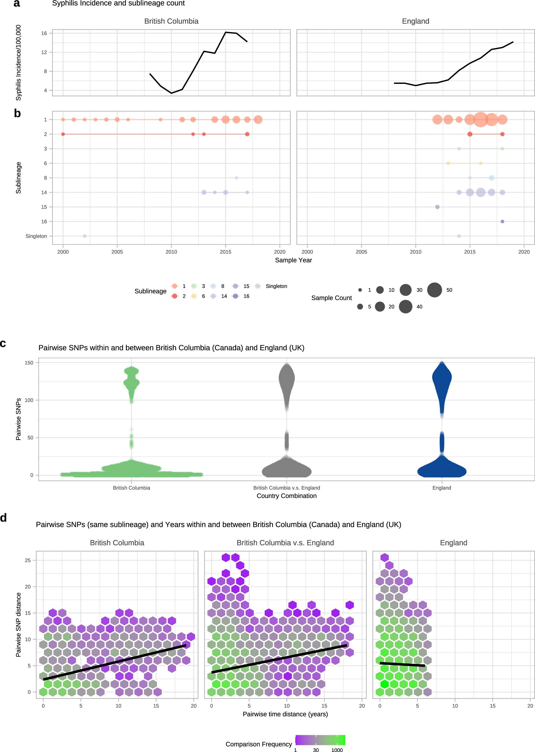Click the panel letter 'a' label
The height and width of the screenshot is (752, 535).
coord(17,3)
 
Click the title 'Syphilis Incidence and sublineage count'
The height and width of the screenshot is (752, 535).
coord(118,3)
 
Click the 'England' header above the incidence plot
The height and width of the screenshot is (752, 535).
coord(415,21)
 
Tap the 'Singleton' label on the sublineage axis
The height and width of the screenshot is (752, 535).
coord(36,236)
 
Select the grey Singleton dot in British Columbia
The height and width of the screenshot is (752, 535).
coord(85,236)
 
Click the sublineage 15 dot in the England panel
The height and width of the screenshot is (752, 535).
coord(437,207)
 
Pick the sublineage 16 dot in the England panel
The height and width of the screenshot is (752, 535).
coord(502,221)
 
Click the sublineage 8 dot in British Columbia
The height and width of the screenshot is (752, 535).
coord(236,178)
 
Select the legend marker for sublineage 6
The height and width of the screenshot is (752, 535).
coord(194,296)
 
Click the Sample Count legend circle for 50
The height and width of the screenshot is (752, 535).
coord(435,290)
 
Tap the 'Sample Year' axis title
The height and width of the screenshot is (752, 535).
coord(293,260)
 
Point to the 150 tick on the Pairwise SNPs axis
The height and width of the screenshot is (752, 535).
coord(29,362)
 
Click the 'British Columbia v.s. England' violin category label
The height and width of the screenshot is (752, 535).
coord(286,488)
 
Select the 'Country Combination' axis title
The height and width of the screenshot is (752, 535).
coord(286,496)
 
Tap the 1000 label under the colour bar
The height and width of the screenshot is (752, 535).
coord(337,750)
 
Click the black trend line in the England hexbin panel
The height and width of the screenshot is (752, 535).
coord(402,664)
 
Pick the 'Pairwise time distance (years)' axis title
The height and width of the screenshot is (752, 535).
coord(285,714)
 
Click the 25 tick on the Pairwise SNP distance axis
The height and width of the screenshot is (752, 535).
coord(28,560)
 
